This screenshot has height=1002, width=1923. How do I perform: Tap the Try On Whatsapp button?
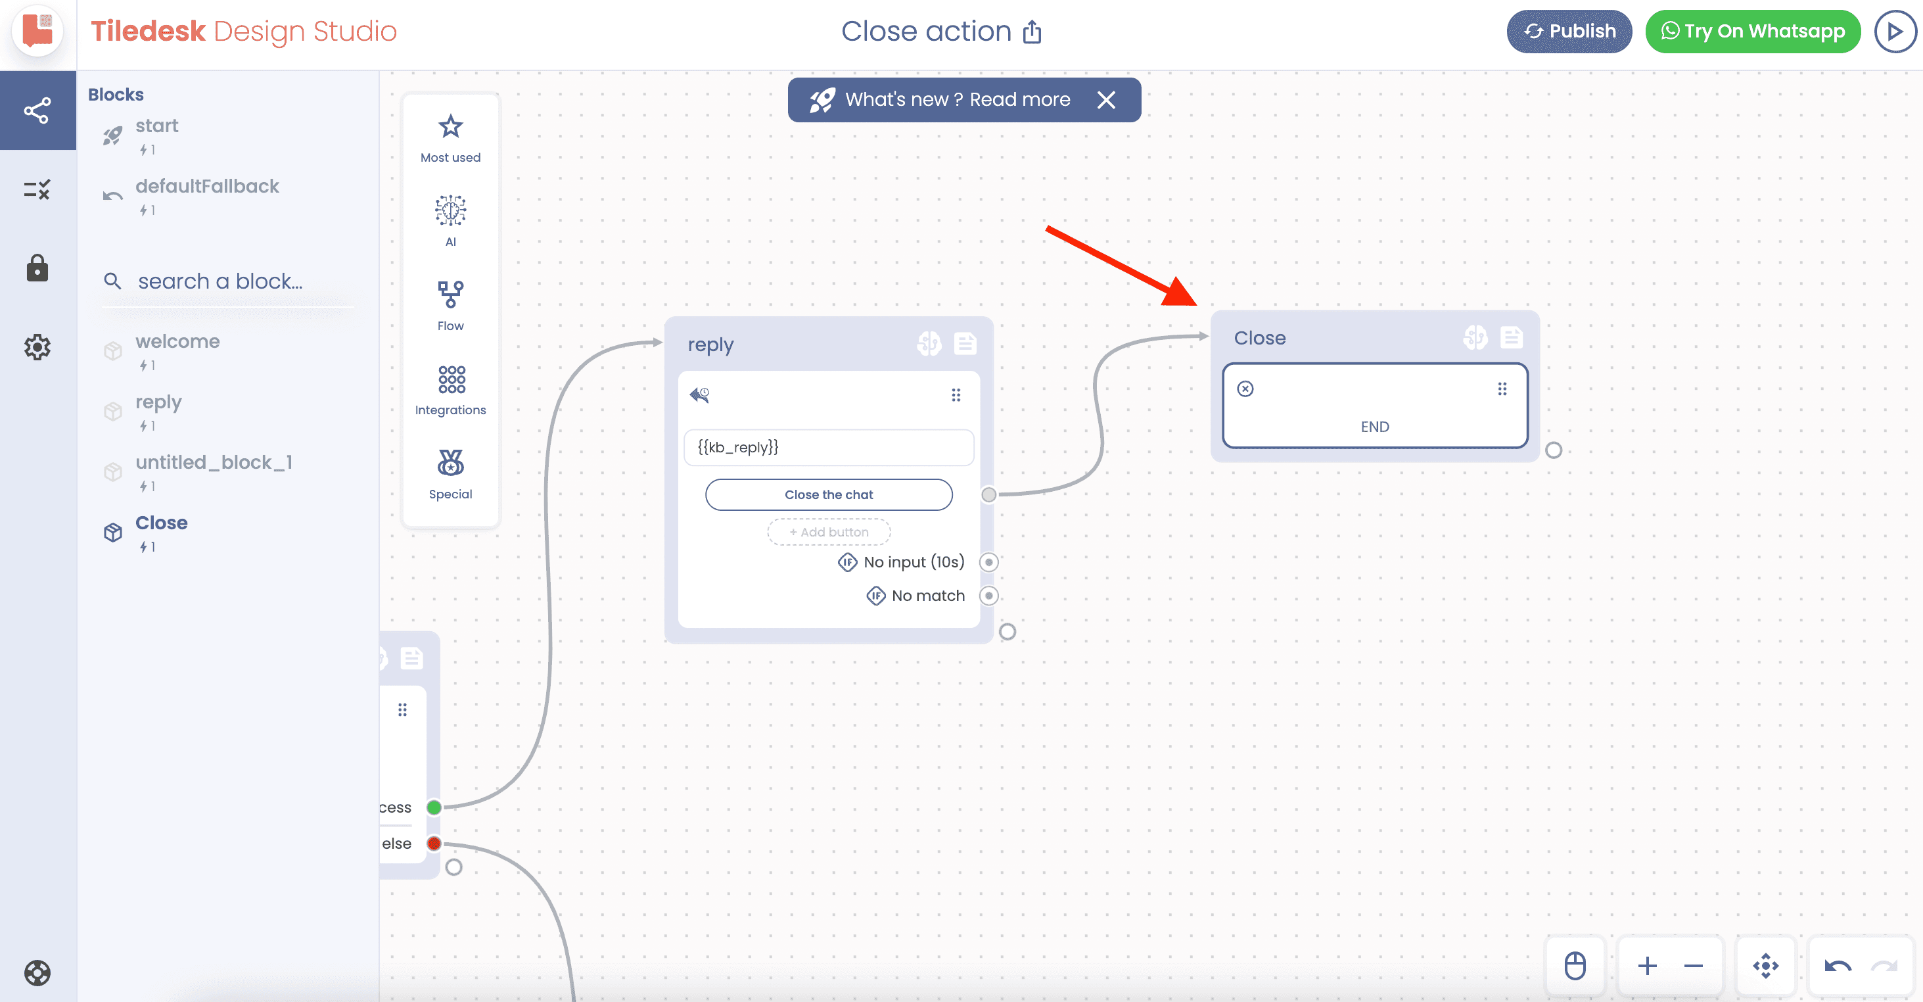tap(1752, 32)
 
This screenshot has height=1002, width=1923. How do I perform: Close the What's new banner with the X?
tap(1105, 100)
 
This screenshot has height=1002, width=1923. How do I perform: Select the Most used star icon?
tap(450, 127)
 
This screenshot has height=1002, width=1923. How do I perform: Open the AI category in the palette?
tap(450, 210)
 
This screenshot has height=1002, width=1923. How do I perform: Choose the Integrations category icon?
tap(451, 379)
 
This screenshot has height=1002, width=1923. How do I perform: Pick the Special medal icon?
tap(450, 463)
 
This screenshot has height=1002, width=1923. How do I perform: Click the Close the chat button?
tap(829, 494)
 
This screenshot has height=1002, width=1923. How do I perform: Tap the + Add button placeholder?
tap(829, 532)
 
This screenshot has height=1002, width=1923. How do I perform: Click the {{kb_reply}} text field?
tap(829, 447)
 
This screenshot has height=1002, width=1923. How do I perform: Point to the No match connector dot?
tap(989, 596)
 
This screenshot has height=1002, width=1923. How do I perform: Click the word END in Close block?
tap(1374, 426)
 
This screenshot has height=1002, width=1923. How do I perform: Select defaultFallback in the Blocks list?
tap(207, 186)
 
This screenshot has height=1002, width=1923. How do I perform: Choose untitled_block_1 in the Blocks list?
tap(214, 462)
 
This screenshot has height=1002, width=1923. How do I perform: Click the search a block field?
tap(220, 281)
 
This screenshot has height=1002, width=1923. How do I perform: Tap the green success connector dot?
tap(434, 807)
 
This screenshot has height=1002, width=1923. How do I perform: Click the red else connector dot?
tap(434, 844)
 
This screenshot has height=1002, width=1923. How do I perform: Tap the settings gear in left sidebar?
tap(37, 347)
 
